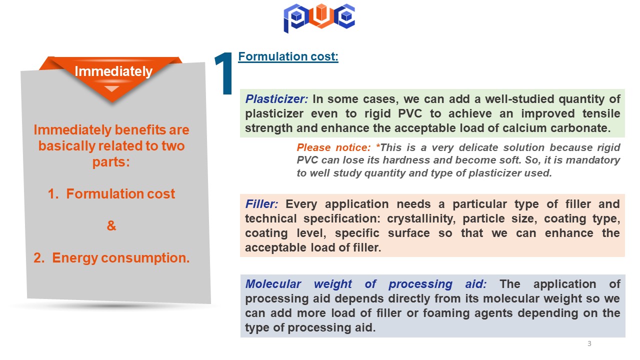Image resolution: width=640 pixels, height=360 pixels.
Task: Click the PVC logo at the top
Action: (x=319, y=18)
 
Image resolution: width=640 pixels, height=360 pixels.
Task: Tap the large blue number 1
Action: (x=224, y=73)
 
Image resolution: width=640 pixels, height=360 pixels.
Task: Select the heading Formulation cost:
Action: (x=288, y=56)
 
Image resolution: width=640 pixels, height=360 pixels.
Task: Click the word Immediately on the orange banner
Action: (x=113, y=71)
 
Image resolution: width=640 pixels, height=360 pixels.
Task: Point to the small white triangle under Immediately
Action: (x=111, y=88)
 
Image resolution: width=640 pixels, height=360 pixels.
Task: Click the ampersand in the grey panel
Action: (x=111, y=225)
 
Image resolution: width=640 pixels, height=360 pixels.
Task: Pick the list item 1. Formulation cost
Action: (x=111, y=193)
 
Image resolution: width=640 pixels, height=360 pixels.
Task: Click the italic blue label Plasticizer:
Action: (x=276, y=99)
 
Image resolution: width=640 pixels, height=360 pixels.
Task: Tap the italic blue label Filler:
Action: (x=261, y=204)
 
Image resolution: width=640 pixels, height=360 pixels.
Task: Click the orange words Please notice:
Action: (x=333, y=147)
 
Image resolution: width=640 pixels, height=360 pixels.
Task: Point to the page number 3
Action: (x=589, y=343)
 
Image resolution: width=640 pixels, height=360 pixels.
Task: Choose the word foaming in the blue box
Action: (x=444, y=313)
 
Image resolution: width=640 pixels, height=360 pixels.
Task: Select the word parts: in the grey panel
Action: (x=111, y=162)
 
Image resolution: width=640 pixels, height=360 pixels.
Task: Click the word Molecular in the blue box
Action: (x=273, y=284)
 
